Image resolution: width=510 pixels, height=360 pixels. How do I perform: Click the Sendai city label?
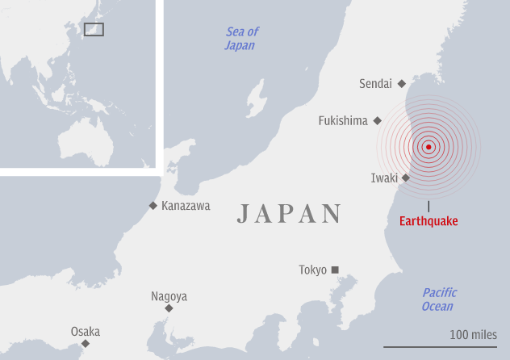point(375,84)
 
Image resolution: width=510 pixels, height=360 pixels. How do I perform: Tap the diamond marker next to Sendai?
point(401,84)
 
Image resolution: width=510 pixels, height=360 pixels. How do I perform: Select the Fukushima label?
point(343,121)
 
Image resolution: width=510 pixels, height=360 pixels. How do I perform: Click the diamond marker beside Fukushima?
point(377,121)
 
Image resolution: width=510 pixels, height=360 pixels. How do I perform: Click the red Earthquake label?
point(428,221)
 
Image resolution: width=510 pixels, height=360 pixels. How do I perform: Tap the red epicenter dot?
point(428,147)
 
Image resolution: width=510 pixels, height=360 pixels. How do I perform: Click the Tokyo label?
point(312,270)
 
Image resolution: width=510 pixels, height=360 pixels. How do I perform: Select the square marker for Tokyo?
point(336,270)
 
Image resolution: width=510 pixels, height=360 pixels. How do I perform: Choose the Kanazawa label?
point(186,206)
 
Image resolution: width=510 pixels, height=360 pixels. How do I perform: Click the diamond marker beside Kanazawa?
point(153,206)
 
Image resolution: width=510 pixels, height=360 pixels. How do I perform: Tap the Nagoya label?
point(169,296)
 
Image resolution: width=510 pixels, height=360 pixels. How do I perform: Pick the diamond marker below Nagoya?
point(169,308)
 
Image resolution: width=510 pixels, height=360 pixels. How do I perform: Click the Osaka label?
point(85,332)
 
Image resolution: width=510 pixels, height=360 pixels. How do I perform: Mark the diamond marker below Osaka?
point(85,344)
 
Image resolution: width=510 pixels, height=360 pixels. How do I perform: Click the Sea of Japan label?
point(240,39)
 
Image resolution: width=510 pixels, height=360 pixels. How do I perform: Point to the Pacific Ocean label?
point(438,299)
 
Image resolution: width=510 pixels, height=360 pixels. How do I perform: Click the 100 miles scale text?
point(474,334)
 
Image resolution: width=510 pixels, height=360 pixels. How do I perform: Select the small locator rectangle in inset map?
point(94,30)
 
